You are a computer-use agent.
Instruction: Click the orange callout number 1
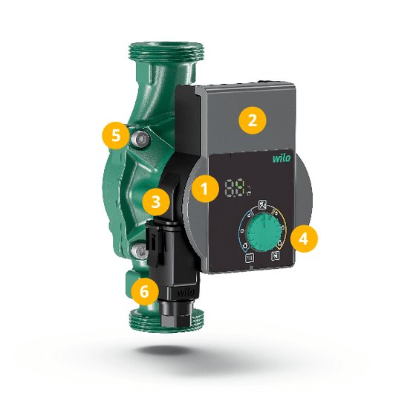[x=205, y=189]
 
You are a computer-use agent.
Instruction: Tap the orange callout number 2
[x=252, y=120]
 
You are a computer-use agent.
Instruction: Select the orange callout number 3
[x=156, y=202]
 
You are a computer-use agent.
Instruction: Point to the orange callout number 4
[x=304, y=238]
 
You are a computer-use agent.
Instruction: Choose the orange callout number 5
[x=116, y=135]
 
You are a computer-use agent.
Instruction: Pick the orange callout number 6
[x=145, y=291]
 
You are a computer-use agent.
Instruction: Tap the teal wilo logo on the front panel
[x=282, y=158]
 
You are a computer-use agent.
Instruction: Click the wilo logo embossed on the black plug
[x=185, y=293]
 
